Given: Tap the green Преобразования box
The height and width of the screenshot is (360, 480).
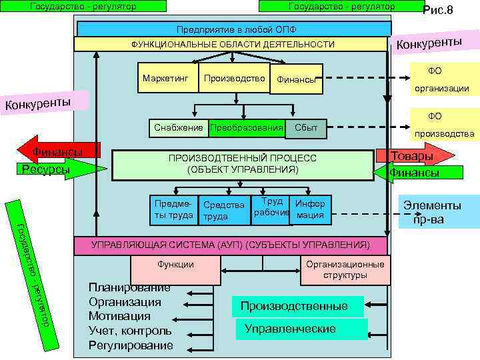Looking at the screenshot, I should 246,127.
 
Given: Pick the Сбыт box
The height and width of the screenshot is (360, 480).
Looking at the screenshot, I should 306,127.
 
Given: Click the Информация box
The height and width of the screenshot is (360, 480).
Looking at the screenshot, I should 311,209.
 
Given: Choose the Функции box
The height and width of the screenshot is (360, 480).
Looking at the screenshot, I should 175,265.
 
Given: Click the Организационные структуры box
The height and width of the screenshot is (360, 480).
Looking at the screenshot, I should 345,269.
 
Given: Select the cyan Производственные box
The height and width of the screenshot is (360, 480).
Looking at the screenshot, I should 297,307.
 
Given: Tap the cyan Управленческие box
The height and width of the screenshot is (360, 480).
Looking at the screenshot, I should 300,329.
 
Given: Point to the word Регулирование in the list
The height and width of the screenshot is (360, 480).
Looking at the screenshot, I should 130,345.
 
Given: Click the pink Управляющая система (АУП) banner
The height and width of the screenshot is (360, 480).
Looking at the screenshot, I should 229,245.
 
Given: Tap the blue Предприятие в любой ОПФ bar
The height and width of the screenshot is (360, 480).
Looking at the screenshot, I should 234,29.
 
